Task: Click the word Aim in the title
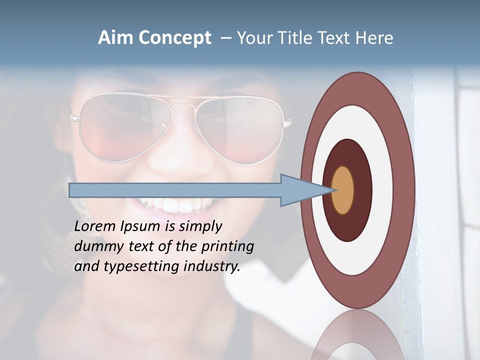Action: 115,38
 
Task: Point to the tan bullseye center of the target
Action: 343,190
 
